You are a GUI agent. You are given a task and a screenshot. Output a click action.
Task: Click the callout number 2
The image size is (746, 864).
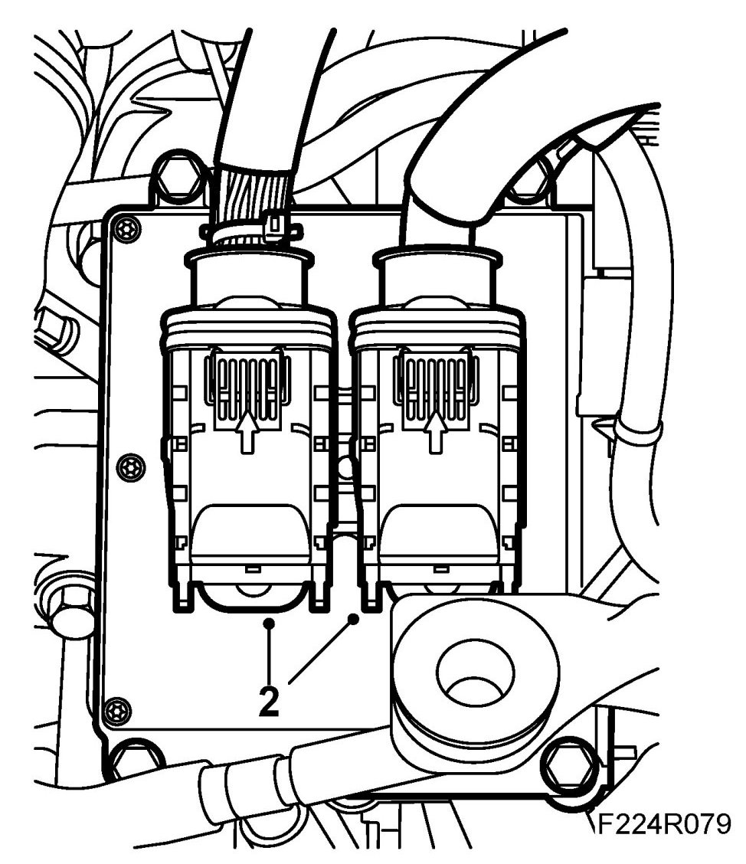[268, 702]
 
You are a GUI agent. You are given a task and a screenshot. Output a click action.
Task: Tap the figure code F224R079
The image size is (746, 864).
[663, 824]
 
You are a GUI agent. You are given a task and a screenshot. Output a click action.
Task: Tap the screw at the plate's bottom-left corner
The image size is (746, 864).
[113, 709]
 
